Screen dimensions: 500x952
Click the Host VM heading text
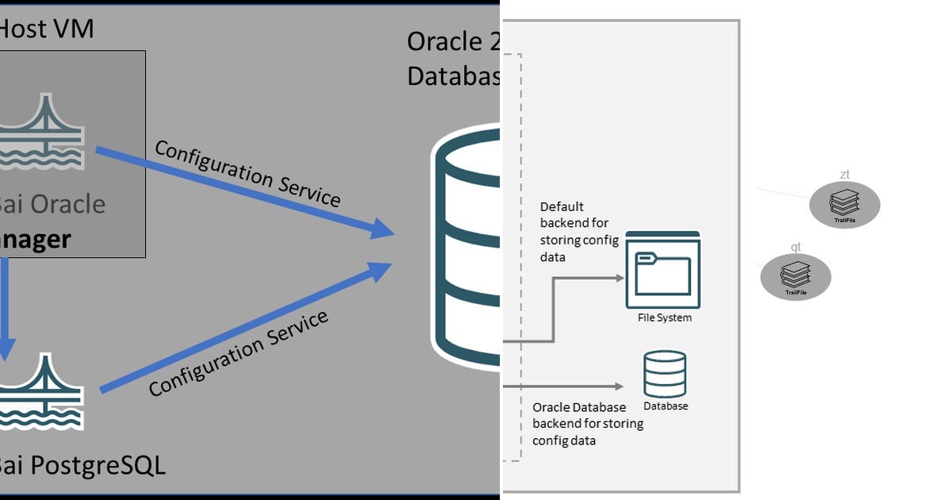46,29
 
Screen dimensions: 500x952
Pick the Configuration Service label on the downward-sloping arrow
248,173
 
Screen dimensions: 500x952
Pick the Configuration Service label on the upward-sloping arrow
238,353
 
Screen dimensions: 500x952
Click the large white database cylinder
468,246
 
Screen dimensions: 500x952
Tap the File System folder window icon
663,270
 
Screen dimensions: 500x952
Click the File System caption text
665,318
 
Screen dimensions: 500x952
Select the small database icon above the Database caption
665,374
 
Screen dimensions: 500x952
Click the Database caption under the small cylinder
666,406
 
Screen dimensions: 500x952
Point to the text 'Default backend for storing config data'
574,232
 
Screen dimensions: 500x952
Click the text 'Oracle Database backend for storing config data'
587,424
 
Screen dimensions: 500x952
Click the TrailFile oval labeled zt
845,205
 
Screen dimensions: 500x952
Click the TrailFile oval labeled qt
796,277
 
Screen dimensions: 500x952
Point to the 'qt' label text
796,248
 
